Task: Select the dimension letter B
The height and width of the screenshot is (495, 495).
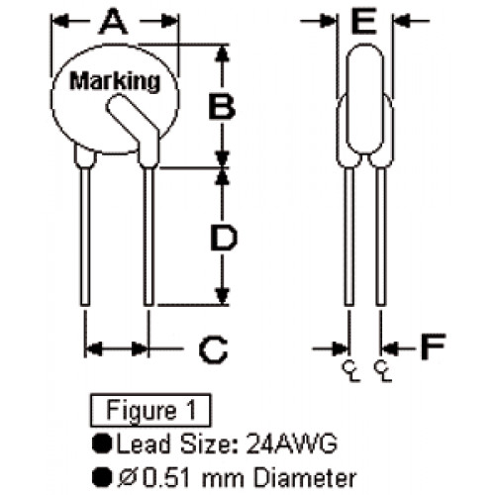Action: pos(223,106)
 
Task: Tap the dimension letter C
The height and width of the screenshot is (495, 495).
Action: pos(214,349)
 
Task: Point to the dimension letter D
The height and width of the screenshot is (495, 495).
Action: pos(224,238)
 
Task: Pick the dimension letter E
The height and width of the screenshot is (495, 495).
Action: pos(364,21)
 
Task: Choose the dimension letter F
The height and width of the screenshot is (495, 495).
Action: pos(433,346)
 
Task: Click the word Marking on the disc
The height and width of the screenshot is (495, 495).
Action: pos(115,82)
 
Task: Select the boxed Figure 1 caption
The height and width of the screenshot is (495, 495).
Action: pos(150,410)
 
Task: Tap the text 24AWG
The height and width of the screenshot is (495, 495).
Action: pos(292,444)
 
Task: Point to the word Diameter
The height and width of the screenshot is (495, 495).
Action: pos(306,478)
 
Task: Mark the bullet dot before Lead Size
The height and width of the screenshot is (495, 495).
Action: pos(102,444)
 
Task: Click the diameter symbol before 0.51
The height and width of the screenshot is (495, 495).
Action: pos(128,478)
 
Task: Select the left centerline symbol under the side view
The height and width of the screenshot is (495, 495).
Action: pos(350,371)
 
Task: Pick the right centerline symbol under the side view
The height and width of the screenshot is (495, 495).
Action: pos(382,371)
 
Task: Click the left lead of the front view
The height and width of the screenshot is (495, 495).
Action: pos(85,237)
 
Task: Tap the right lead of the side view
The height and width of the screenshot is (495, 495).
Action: pos(380,237)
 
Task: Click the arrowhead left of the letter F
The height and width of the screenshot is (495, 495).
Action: pos(340,347)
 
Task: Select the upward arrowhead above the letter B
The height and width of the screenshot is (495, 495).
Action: pos(223,52)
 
